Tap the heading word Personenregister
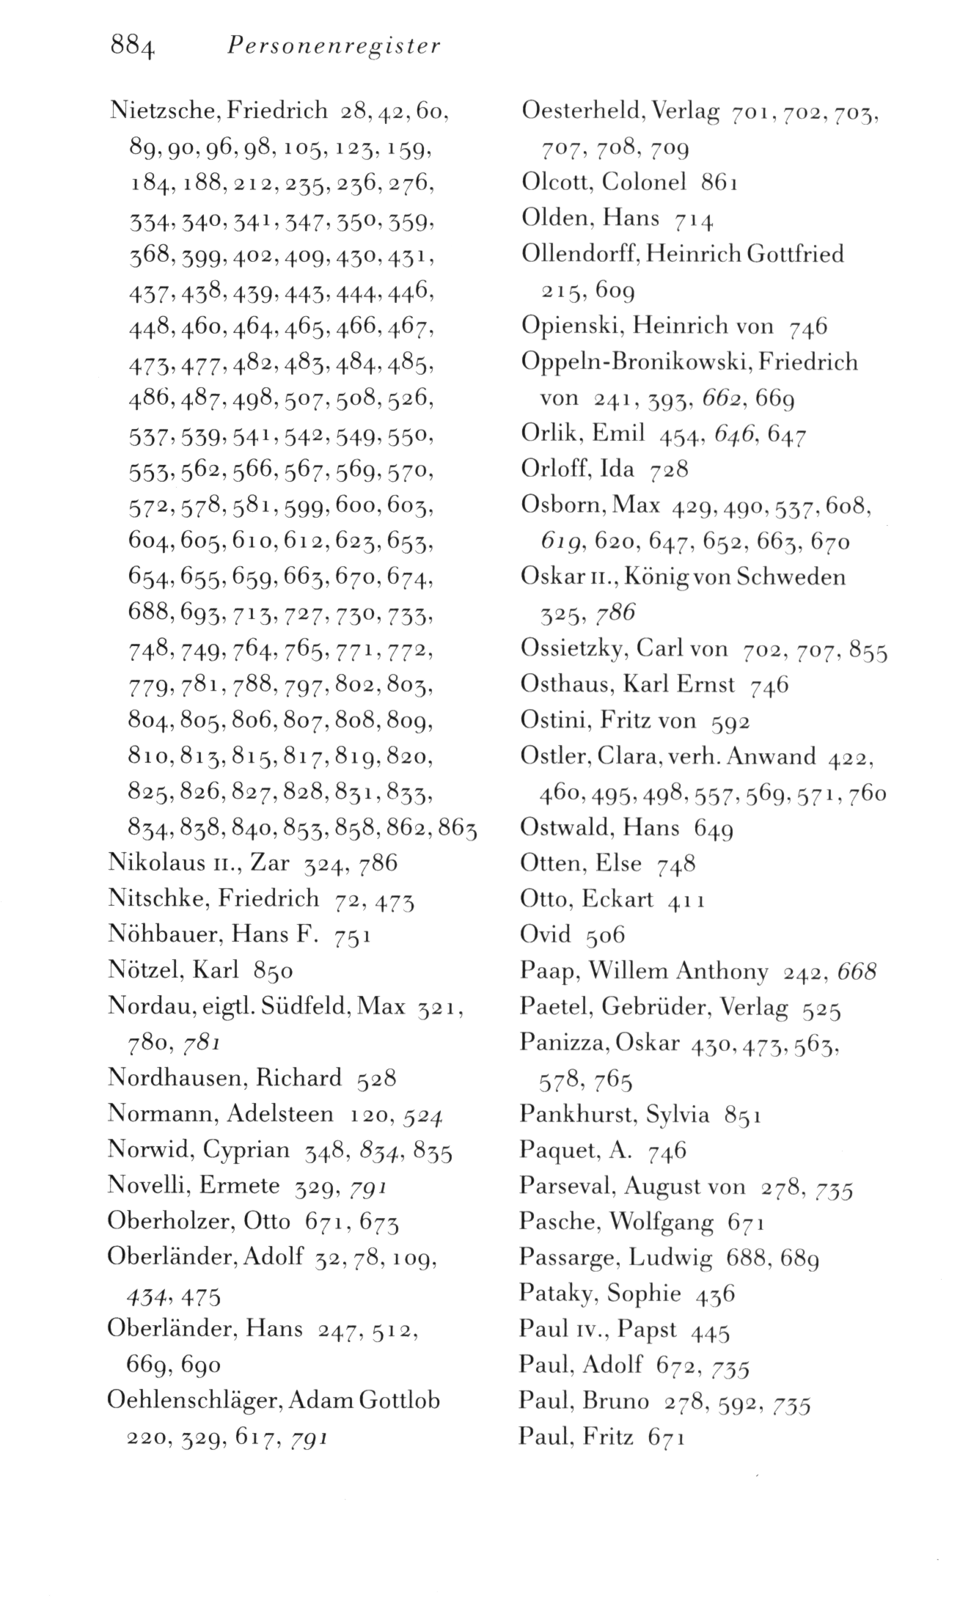click(x=334, y=47)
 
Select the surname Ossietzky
click(x=572, y=648)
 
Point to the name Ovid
click(x=546, y=934)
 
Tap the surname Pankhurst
click(x=579, y=1115)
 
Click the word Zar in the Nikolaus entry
click(x=269, y=862)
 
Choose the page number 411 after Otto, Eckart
click(x=686, y=899)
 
